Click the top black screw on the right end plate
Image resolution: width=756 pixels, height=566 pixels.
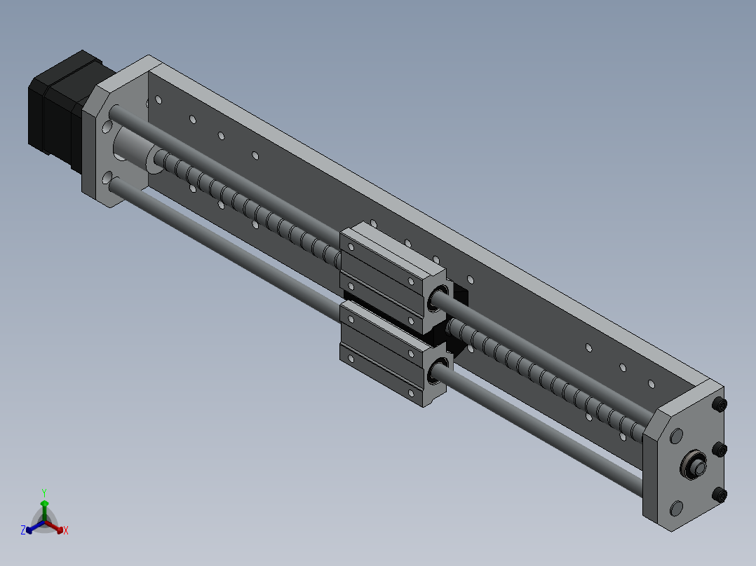click(720, 405)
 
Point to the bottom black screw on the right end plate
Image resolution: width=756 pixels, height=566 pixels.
click(722, 495)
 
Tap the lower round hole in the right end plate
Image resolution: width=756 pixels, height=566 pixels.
click(676, 507)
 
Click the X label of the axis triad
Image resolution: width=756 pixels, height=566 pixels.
click(66, 531)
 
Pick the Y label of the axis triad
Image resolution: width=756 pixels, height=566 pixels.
click(44, 492)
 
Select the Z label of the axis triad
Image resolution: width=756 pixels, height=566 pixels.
click(23, 531)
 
